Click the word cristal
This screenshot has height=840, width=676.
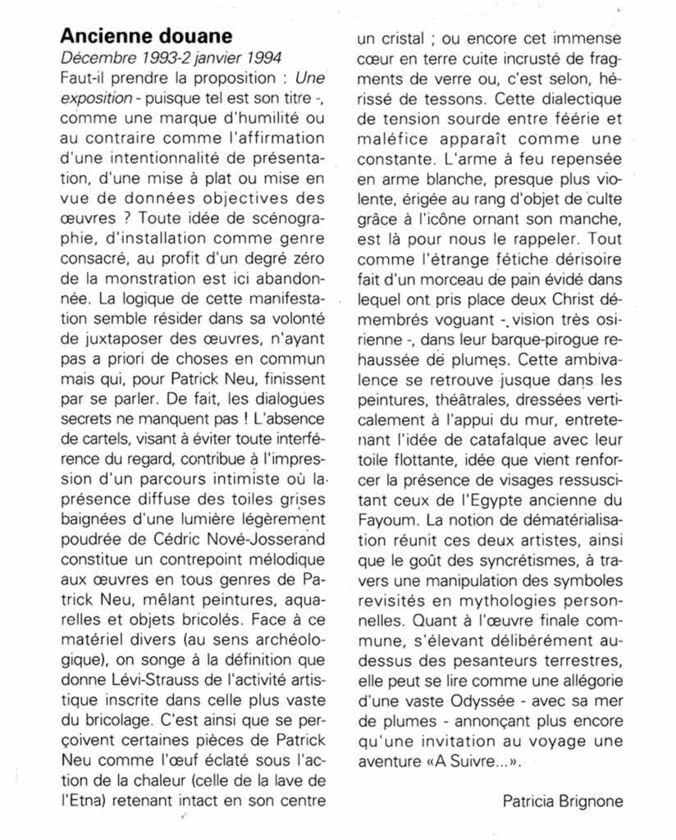point(410,37)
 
